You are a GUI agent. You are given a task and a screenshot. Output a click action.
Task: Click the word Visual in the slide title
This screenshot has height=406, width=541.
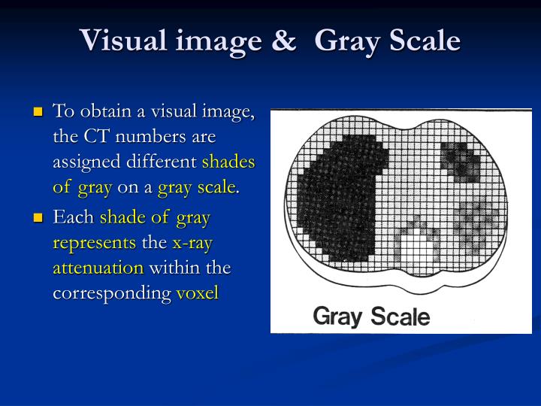click(x=121, y=39)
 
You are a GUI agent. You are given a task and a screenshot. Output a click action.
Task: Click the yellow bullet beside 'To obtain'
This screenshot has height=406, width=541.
click(x=38, y=112)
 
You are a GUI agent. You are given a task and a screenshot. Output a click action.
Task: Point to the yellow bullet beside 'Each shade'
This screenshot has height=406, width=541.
click(x=38, y=218)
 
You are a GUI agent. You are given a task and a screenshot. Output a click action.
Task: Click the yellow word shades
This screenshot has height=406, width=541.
click(x=228, y=162)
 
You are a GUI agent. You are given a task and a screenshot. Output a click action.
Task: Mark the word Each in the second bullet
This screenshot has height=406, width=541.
click(x=73, y=218)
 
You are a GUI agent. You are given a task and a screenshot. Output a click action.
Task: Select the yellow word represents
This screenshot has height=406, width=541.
click(x=95, y=244)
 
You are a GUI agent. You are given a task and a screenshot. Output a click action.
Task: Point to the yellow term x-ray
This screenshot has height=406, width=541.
click(x=192, y=244)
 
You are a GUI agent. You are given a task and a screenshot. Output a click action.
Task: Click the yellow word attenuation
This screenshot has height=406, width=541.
click(x=98, y=268)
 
